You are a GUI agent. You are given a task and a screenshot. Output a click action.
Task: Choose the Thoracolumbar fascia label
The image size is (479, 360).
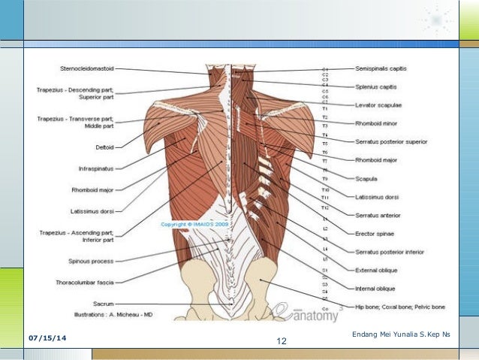coord(85,283)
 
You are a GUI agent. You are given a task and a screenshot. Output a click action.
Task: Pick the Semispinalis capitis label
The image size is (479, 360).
coord(381,68)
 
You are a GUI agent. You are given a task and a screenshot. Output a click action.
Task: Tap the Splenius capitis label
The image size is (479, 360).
coord(377,86)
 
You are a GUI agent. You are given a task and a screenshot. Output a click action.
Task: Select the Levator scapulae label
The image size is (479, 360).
coord(378,104)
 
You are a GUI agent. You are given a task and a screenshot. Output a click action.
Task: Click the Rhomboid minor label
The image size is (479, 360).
coord(376,123)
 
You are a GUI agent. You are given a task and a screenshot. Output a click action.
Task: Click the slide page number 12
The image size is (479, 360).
coord(282,342)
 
